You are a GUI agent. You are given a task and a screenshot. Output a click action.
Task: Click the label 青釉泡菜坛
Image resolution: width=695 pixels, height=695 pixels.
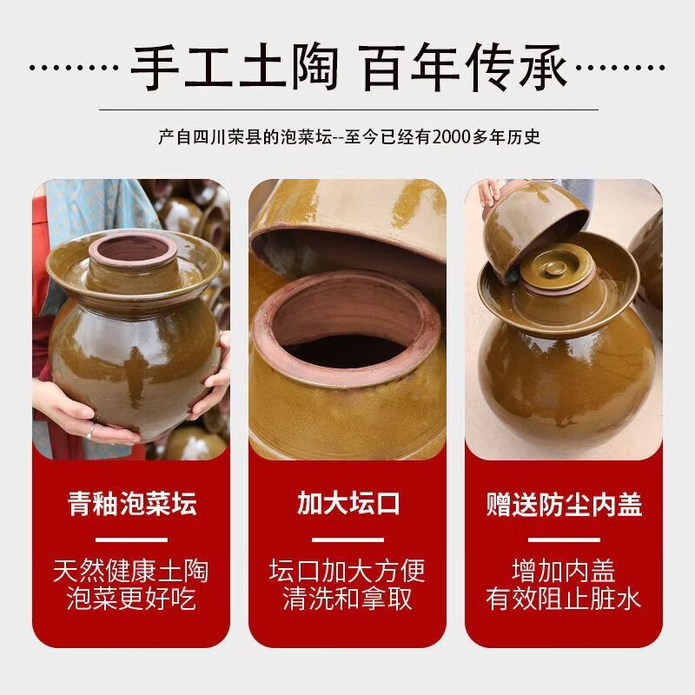point(132,505)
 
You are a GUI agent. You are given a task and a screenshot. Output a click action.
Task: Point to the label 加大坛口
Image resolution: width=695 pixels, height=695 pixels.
point(347,505)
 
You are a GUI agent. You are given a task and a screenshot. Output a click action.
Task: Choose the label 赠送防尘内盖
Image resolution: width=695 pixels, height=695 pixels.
point(564,505)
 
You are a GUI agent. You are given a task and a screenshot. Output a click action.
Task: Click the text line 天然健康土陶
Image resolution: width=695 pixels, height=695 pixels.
point(132,572)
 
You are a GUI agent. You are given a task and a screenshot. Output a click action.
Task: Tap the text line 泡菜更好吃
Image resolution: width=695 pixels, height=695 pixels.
point(132,599)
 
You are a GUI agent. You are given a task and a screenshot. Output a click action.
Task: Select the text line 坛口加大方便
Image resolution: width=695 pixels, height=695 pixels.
point(347,572)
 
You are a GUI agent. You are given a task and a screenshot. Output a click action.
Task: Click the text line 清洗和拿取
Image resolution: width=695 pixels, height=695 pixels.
point(347,599)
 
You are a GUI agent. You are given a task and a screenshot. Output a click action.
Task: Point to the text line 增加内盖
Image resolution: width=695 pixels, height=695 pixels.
point(564,572)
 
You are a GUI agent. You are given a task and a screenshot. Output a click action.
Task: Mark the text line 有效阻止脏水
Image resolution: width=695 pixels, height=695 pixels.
point(564,599)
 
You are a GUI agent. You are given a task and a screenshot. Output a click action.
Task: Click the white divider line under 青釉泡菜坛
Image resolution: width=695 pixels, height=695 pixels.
point(132,539)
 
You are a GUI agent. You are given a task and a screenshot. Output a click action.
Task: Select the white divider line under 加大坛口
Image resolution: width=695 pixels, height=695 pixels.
point(347,539)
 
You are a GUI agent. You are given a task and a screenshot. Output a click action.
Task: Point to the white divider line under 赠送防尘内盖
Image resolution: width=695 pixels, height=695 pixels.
point(564,539)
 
